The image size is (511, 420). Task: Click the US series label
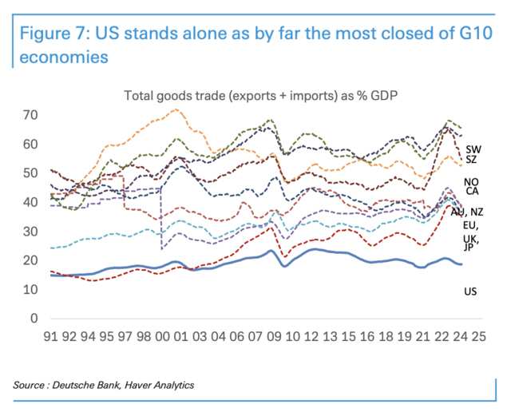click(x=472, y=292)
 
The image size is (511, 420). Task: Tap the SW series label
click(x=473, y=149)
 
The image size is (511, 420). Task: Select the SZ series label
click(x=472, y=160)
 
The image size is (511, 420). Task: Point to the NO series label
click(x=471, y=182)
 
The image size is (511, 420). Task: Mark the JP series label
click(x=470, y=249)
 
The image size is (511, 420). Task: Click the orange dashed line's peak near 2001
click(x=176, y=110)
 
